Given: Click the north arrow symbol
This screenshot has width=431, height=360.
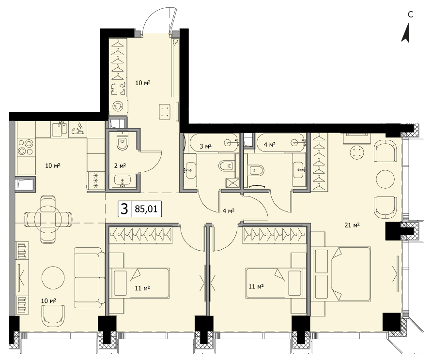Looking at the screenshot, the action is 406,33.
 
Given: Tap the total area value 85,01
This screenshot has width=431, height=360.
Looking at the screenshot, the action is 146,209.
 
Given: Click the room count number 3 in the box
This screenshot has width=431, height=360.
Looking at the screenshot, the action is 124,209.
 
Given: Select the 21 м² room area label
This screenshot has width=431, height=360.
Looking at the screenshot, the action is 352,225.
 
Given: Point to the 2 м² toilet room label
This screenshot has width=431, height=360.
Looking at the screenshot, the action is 120,165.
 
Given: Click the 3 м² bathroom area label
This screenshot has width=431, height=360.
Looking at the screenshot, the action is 205,146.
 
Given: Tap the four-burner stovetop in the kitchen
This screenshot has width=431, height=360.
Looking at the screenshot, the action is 26,147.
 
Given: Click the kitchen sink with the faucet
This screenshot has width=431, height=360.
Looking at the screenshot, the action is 60,129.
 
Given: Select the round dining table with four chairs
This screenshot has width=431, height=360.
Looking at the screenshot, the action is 48,219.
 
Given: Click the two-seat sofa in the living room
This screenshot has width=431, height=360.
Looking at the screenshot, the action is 89,277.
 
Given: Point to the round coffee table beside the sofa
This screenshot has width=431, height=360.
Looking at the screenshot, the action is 53,277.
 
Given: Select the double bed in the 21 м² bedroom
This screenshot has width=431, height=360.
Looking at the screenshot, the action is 341,274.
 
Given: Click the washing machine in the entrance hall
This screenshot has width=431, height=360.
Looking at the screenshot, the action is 118,106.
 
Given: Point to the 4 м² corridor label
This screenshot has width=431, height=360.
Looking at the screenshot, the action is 229,211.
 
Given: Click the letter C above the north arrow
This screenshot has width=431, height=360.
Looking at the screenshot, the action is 410,15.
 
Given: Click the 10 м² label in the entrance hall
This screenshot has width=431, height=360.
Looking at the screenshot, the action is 143,82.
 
